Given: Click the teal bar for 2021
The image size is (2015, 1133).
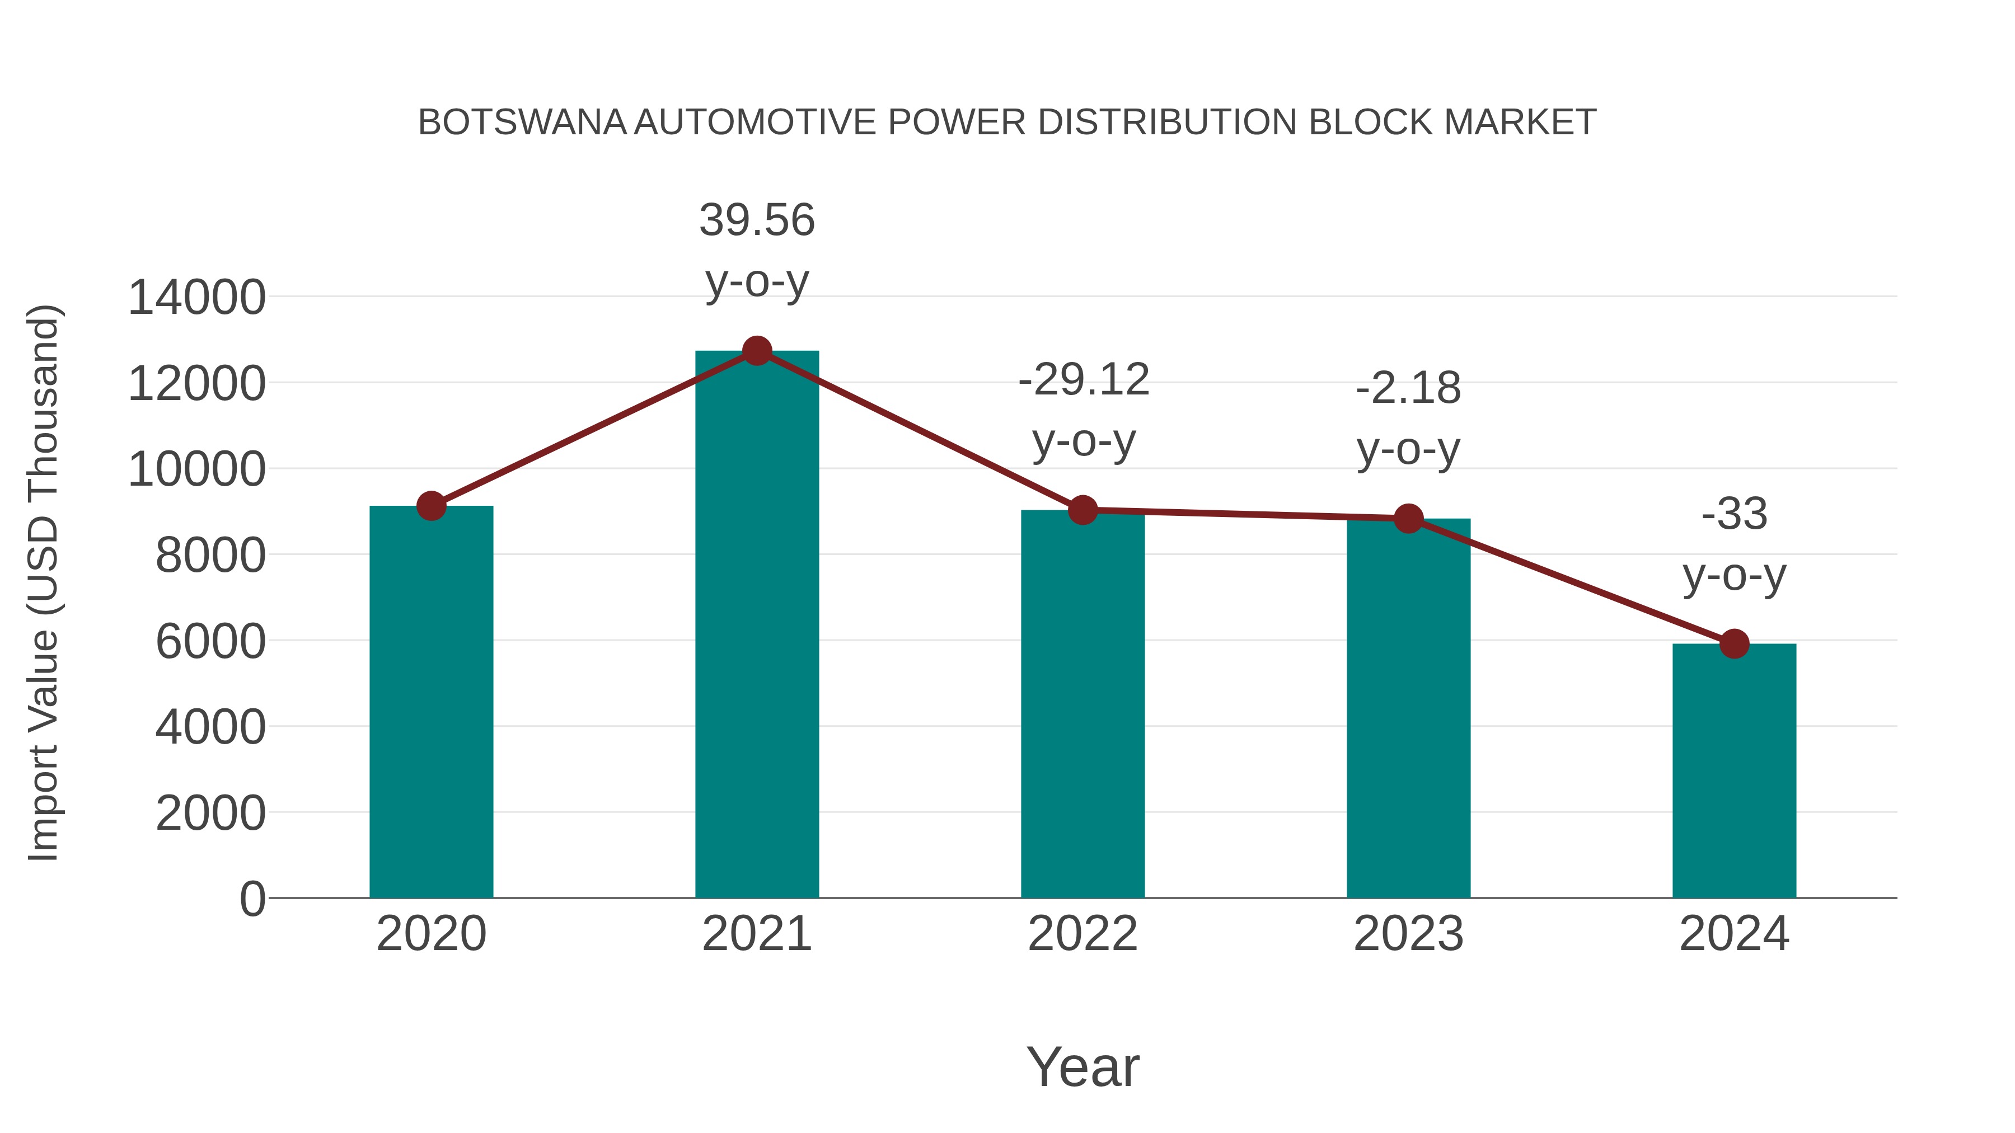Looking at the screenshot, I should click(756, 626).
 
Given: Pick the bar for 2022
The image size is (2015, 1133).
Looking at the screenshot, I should click(1083, 704).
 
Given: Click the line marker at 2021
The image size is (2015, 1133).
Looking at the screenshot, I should click(756, 351).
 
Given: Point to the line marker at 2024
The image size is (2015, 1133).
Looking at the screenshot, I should click(1734, 643).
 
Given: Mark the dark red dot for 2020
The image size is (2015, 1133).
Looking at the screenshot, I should click(431, 506).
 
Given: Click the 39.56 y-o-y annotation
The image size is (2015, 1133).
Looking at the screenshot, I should click(756, 250).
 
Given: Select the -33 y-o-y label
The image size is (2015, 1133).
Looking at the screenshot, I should click(1734, 544).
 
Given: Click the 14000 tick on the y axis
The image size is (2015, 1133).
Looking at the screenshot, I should click(196, 298).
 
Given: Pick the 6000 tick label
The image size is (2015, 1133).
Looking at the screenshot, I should click(210, 642).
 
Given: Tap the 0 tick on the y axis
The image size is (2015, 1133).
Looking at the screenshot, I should click(252, 899).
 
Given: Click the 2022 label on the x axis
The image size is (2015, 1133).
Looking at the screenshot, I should click(1083, 934).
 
